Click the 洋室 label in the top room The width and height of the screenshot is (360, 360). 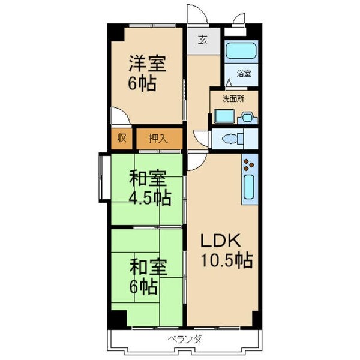(x=146, y=63)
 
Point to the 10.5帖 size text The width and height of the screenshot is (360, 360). (x=226, y=261)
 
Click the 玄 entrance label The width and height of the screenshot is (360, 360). (x=203, y=41)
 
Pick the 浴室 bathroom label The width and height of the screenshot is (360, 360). (x=243, y=74)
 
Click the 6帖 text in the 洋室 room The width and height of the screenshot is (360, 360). (x=142, y=83)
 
